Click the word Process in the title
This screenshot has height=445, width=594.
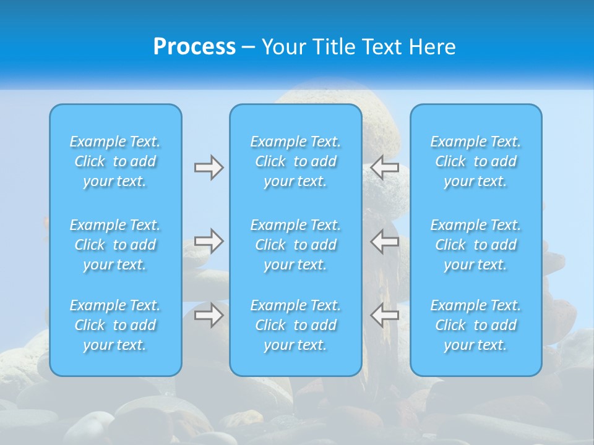[194, 47]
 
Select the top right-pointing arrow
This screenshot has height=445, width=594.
[209, 167]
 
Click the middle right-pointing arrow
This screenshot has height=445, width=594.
[209, 241]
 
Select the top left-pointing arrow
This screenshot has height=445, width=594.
[385, 167]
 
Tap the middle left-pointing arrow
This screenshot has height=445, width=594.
[385, 241]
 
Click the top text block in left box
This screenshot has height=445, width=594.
[115, 161]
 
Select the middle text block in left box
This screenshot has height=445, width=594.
[115, 245]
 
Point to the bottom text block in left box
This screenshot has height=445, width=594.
[115, 325]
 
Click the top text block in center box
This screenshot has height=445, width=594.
[296, 161]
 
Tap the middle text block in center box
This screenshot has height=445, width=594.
[296, 245]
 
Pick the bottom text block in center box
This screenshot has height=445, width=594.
[296, 325]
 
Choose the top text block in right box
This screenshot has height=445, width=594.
[476, 161]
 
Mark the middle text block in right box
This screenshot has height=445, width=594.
[476, 245]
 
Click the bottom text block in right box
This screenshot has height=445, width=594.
[476, 325]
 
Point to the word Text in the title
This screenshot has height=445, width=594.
[383, 47]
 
